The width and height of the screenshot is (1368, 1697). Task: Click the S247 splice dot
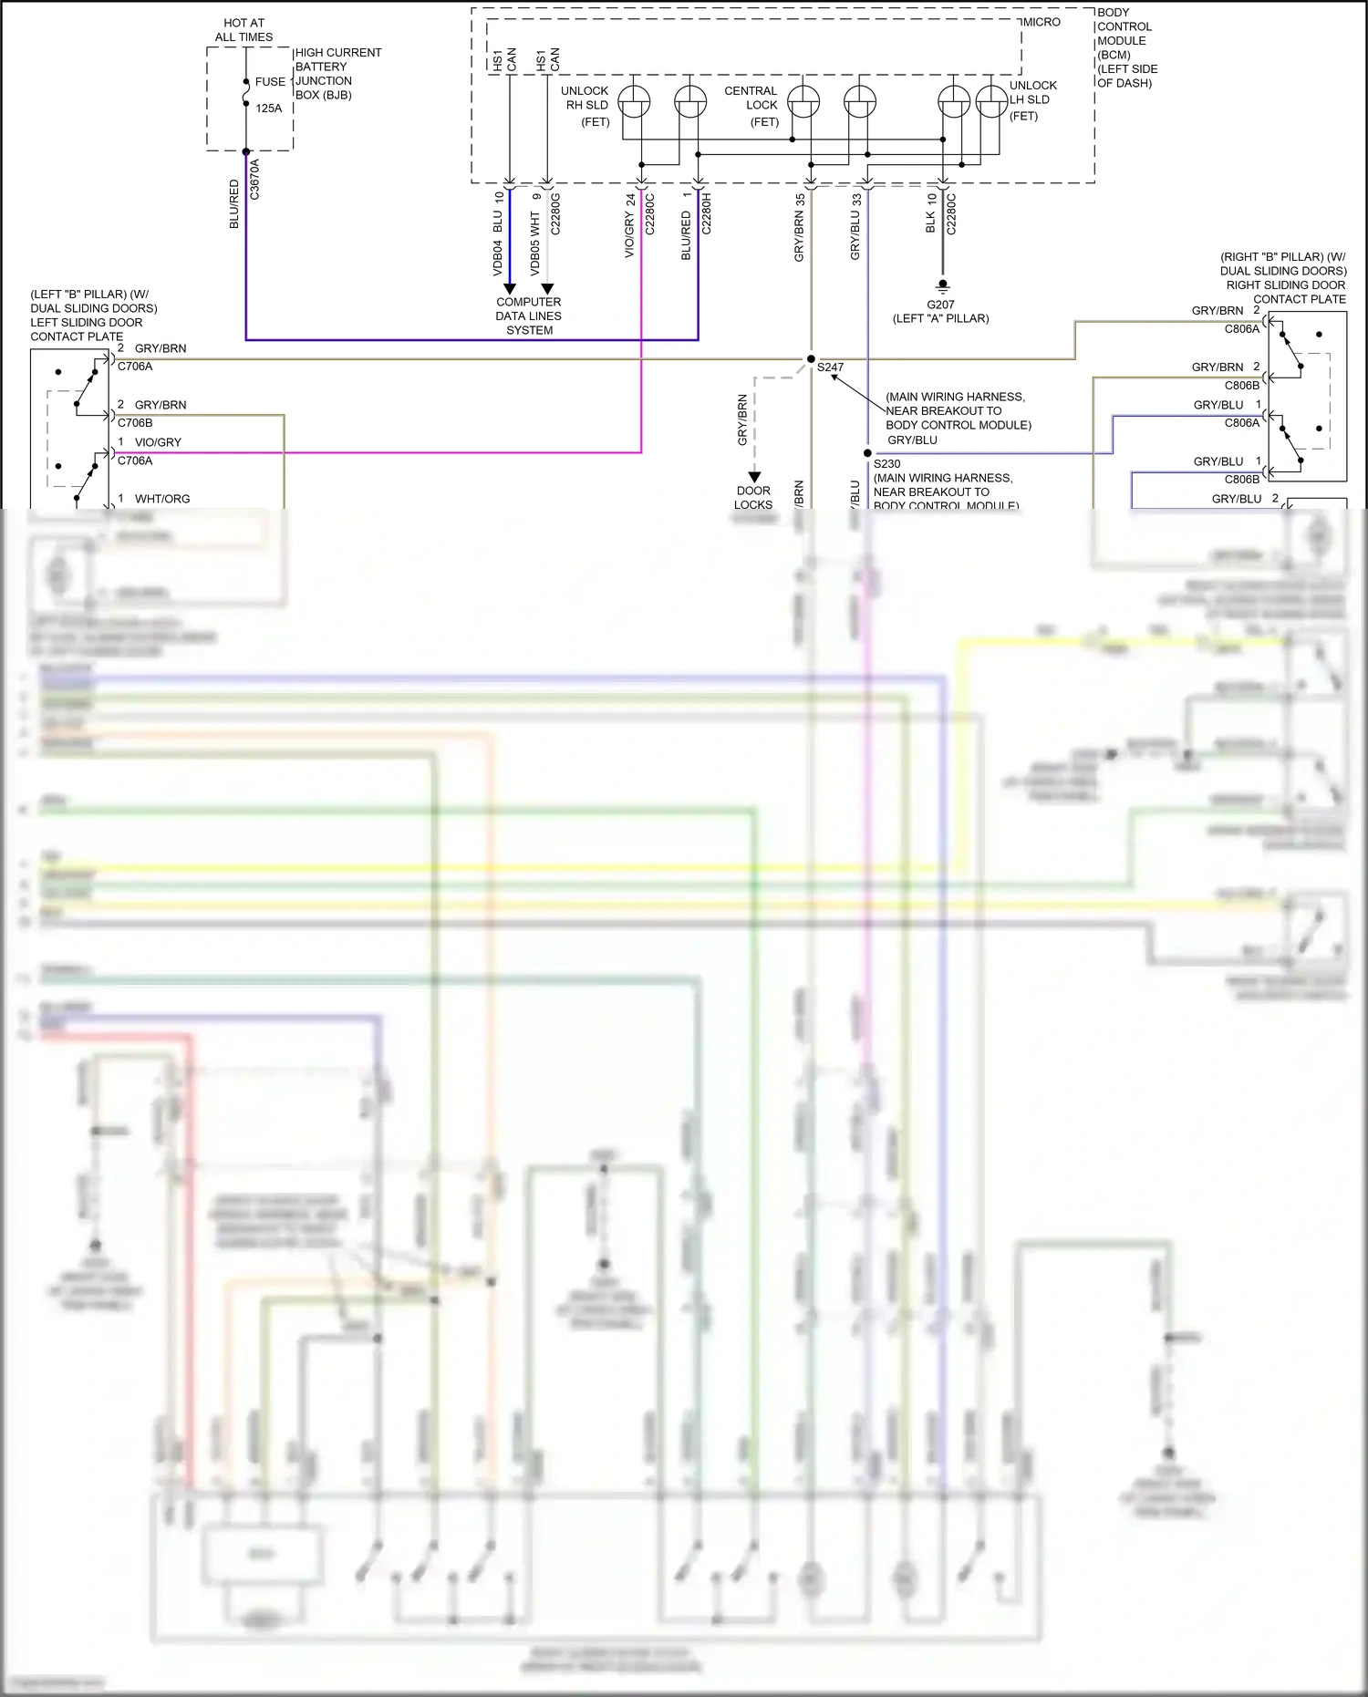tap(811, 359)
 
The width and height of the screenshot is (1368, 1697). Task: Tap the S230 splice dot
tap(867, 453)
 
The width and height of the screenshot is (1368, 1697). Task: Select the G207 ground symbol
tap(943, 285)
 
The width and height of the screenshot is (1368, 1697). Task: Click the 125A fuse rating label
tap(269, 109)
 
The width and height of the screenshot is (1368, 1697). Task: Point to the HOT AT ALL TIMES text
tap(244, 30)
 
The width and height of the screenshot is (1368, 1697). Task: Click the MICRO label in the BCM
tap(1042, 22)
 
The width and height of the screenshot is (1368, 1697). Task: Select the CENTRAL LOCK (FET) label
tap(751, 106)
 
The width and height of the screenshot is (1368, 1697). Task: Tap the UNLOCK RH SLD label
tap(586, 98)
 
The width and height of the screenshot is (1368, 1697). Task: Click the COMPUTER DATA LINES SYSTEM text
tap(529, 316)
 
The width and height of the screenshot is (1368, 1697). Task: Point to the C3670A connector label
tap(254, 180)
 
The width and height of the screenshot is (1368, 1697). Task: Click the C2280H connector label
tap(706, 214)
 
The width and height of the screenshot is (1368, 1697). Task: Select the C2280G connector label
tap(555, 214)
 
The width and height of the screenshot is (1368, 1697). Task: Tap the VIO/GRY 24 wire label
tap(630, 226)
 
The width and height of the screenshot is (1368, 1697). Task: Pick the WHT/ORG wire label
tap(162, 499)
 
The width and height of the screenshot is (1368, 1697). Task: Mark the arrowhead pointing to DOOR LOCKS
tap(754, 477)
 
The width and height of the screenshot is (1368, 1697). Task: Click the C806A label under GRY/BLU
tap(1241, 423)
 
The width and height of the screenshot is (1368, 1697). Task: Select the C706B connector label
tap(135, 423)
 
